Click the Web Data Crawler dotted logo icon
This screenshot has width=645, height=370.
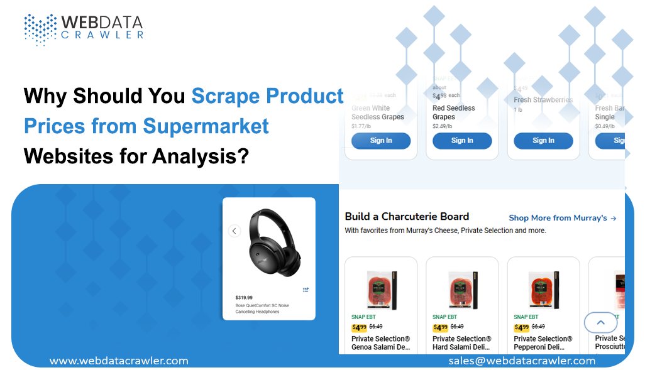[40, 29]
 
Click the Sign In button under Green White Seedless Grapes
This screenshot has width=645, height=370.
[381, 141]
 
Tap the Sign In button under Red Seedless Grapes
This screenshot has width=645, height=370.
[462, 141]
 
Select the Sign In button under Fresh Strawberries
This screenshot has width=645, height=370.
[543, 141]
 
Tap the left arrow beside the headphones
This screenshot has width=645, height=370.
[234, 231]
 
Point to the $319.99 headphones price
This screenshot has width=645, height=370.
[244, 298]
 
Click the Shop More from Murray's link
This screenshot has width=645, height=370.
[562, 218]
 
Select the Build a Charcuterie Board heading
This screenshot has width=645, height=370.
[407, 217]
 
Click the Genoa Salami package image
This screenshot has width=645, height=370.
[382, 290]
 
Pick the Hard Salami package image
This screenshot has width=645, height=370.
[463, 290]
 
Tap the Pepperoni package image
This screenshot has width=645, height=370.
[544, 290]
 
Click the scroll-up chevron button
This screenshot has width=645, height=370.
[600, 323]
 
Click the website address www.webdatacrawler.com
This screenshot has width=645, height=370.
[119, 361]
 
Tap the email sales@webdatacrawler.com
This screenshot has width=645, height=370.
[522, 361]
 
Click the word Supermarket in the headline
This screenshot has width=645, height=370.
[206, 126]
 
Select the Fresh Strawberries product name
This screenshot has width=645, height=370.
[543, 100]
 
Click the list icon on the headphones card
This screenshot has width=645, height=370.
[306, 290]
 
